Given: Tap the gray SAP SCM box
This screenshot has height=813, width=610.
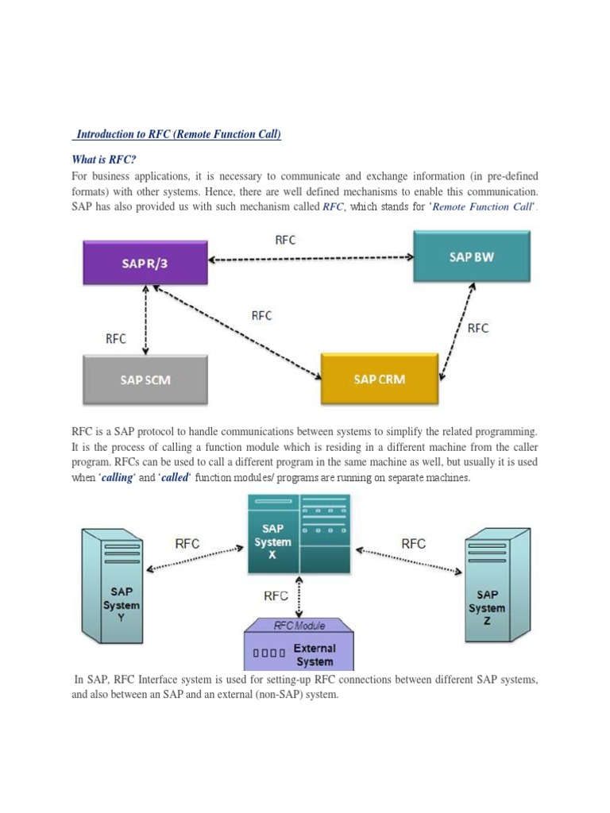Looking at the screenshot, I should point(145,380).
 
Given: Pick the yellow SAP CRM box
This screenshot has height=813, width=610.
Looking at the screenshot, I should point(379,380).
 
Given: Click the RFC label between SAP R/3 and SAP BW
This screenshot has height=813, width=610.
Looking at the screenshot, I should point(285,241).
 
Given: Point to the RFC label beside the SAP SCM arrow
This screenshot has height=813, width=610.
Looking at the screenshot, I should point(116,338).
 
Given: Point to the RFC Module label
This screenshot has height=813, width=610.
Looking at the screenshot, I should point(299,626).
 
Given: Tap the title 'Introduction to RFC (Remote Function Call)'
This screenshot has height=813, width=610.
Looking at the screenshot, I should point(179,135).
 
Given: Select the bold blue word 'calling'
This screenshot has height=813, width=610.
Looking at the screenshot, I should point(118,477).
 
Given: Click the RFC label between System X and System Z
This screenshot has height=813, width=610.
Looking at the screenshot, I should point(413,544).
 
